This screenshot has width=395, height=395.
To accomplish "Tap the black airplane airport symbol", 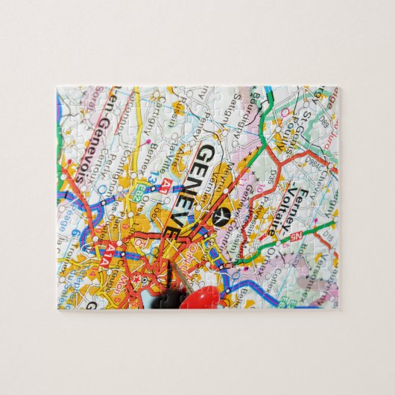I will [x=219, y=216].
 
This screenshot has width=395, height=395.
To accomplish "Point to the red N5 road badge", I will [x=296, y=238].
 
